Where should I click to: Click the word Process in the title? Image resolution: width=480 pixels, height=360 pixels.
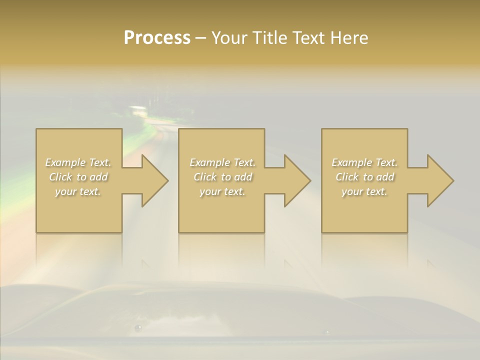[x=157, y=38]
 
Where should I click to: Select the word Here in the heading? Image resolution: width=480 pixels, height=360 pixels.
[x=348, y=38]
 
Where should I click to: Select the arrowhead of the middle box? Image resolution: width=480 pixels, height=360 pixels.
[x=296, y=180]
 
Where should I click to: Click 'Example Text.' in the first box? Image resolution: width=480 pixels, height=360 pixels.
[x=78, y=162]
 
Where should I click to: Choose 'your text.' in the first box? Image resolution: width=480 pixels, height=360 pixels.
[x=78, y=191]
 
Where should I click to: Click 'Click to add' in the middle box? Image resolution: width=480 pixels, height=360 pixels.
[x=222, y=177]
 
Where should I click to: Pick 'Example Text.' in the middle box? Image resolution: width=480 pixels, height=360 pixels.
[x=222, y=162]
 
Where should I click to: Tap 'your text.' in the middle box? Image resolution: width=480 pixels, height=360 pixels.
[x=222, y=191]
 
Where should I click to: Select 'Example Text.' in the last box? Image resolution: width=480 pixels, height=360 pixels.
[x=364, y=162]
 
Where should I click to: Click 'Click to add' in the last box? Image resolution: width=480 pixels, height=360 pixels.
[x=364, y=177]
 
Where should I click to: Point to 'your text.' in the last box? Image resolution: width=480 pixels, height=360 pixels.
[x=364, y=191]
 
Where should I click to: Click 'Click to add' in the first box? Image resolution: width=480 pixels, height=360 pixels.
[x=78, y=177]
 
